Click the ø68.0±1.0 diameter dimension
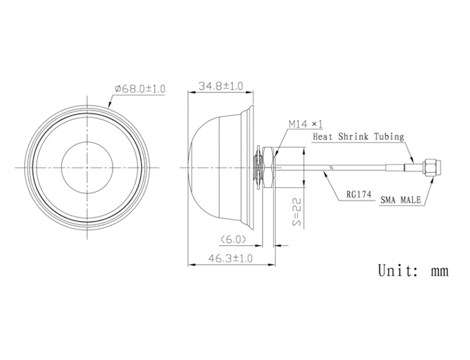(x=140, y=88)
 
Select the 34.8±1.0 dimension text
(x=221, y=86)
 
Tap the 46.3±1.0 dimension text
(x=230, y=258)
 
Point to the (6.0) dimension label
(x=233, y=240)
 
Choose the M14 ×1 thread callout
(x=305, y=124)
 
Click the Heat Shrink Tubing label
(x=359, y=137)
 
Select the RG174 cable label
(x=359, y=194)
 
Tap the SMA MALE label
(x=401, y=200)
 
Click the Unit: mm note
(x=413, y=270)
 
